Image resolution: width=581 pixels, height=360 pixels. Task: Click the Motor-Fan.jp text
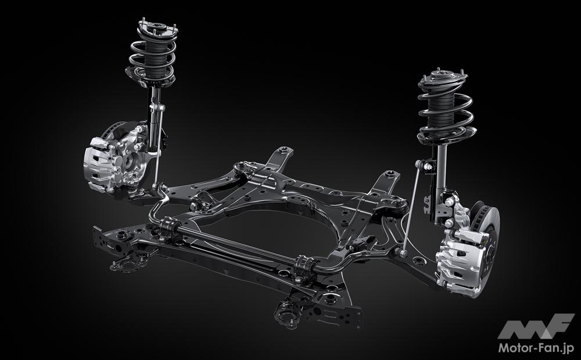536,348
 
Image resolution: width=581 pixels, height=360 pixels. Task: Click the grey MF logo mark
536,326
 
